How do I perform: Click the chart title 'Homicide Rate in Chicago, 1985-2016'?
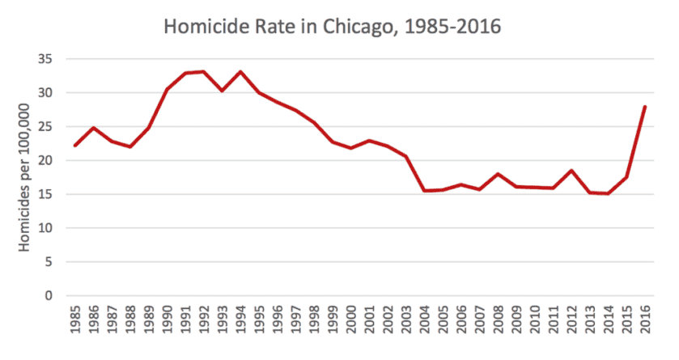point(333,27)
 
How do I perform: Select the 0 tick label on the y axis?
point(48,295)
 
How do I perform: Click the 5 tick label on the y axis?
point(48,261)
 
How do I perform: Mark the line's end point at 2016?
point(645,107)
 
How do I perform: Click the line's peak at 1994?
point(240,72)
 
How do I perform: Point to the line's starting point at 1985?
point(74,146)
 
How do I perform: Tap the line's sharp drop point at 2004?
point(424,190)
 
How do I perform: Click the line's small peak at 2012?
point(571,171)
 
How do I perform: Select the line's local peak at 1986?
point(93,128)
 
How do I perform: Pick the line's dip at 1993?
point(222,91)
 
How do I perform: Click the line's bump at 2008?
point(498,174)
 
